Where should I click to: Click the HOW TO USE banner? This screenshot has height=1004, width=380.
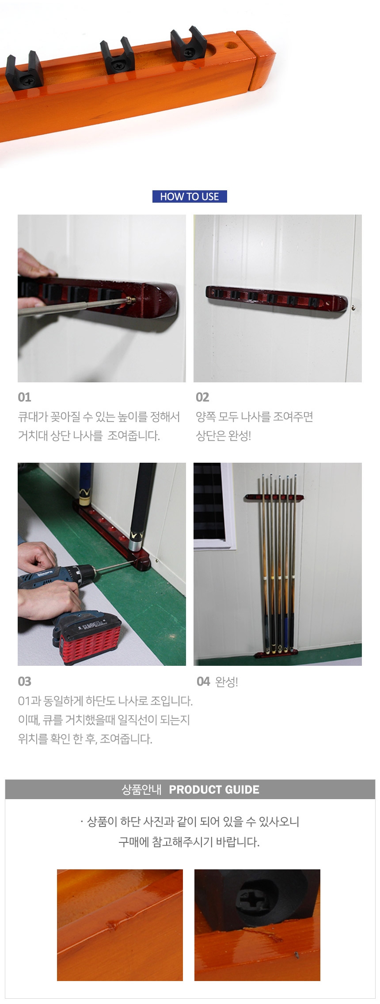190,196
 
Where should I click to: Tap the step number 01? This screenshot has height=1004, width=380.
24,397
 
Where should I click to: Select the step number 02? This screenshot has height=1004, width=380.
202,397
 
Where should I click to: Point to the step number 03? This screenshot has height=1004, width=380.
24,682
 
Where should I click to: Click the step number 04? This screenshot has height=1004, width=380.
203,682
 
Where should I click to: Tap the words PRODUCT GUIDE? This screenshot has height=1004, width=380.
214,789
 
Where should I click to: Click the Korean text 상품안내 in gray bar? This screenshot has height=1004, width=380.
141,789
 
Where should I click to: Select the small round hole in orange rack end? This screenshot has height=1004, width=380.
231,45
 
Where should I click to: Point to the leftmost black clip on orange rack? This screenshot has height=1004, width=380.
24,72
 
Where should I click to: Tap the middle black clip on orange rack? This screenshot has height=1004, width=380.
117,57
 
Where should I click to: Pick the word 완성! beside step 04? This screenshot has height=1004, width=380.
227,682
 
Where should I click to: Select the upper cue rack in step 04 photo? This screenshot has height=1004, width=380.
275,497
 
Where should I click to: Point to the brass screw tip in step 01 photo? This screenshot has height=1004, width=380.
129,300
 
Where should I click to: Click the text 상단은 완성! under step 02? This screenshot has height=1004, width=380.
224,436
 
